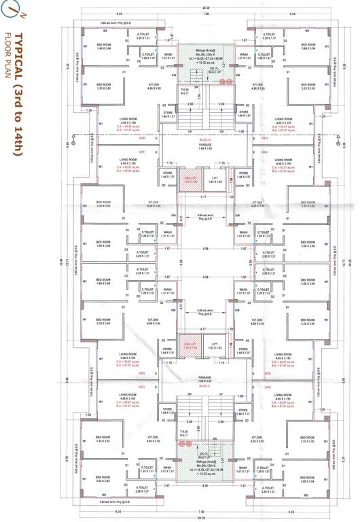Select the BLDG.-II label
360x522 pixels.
coord(206,139)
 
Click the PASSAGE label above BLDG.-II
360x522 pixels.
coord(206,145)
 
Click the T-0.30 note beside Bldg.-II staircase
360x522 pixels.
coord(184,90)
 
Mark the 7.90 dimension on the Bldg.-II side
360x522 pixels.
coord(206,14)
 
